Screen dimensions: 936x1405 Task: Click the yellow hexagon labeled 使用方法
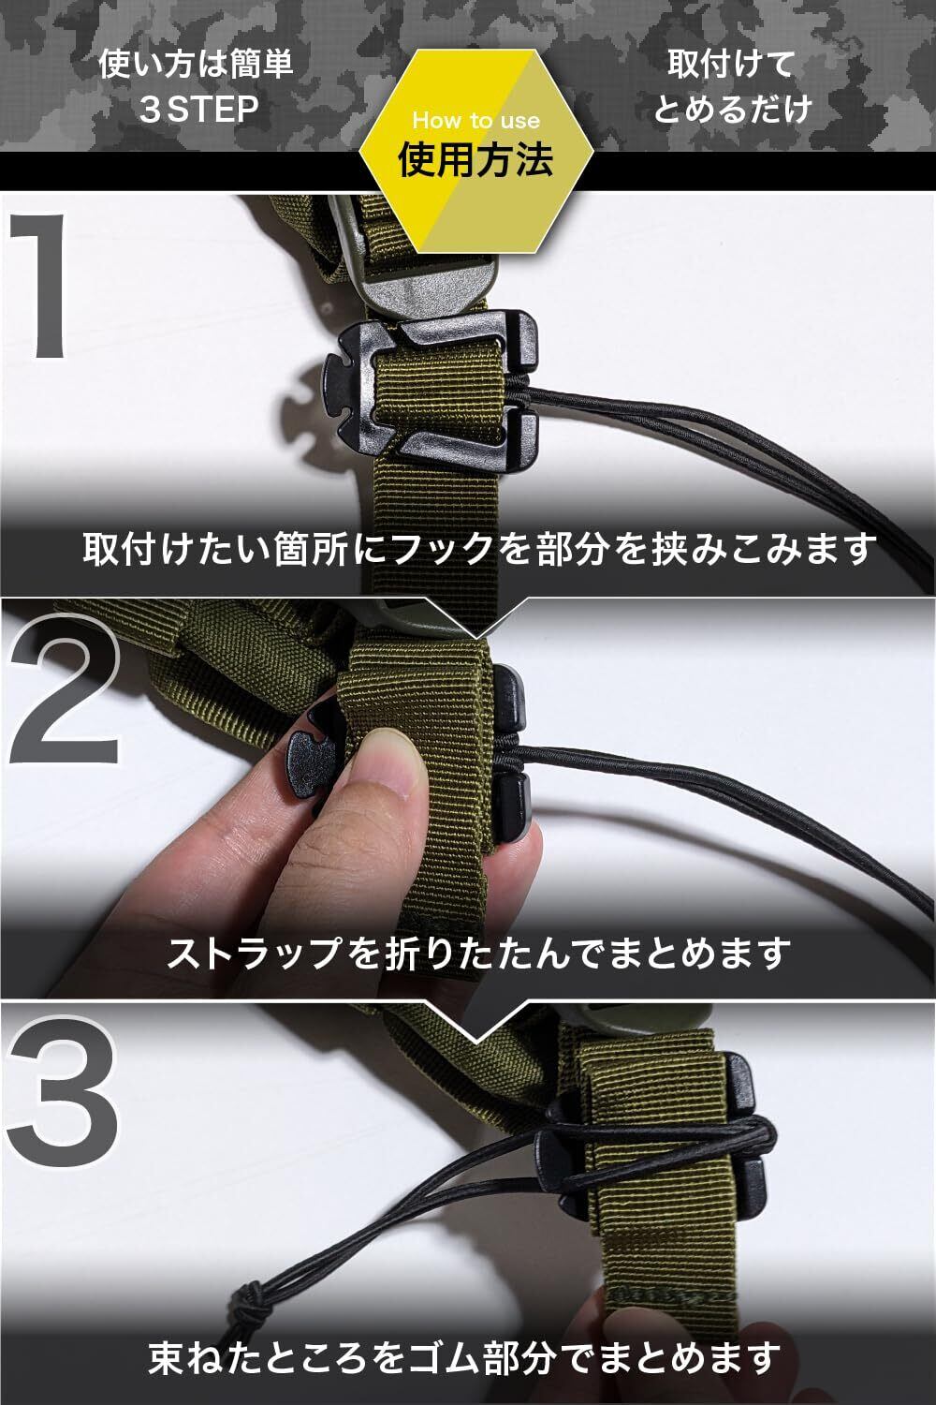[x=475, y=151]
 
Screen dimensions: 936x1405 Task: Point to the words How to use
[x=475, y=121]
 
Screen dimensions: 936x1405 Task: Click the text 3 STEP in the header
[x=198, y=110]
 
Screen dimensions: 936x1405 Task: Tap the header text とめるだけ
[x=732, y=110]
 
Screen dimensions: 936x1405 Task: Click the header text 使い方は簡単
[x=196, y=65]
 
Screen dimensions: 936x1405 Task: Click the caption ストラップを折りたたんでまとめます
[x=478, y=953]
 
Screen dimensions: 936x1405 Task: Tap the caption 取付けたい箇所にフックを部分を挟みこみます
[x=479, y=548]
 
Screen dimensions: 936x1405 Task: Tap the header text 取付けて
[x=731, y=65]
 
